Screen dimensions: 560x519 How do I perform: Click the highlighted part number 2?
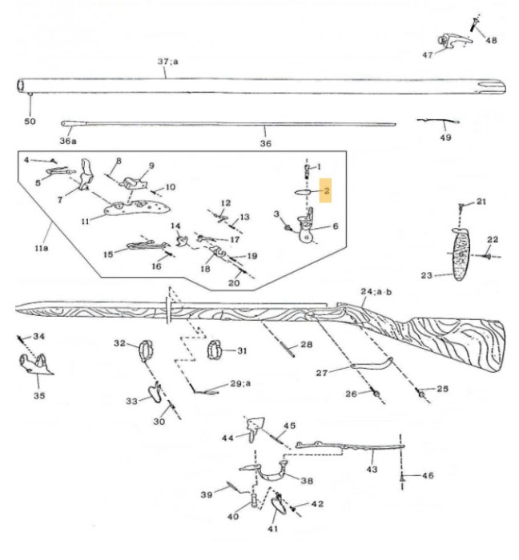pos(327,192)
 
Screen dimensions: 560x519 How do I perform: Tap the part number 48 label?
pos(491,40)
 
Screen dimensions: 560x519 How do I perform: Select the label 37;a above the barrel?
pos(167,62)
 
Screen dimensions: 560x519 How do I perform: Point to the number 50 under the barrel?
pos(30,120)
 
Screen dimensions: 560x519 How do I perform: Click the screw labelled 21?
pos(462,207)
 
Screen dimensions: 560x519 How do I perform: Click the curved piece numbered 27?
pos(372,365)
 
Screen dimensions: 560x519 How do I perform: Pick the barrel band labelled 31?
pos(215,350)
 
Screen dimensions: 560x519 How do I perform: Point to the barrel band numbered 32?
pos(144,350)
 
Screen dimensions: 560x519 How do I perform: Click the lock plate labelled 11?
pos(132,208)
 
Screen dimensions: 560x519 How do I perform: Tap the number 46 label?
pos(427,475)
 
